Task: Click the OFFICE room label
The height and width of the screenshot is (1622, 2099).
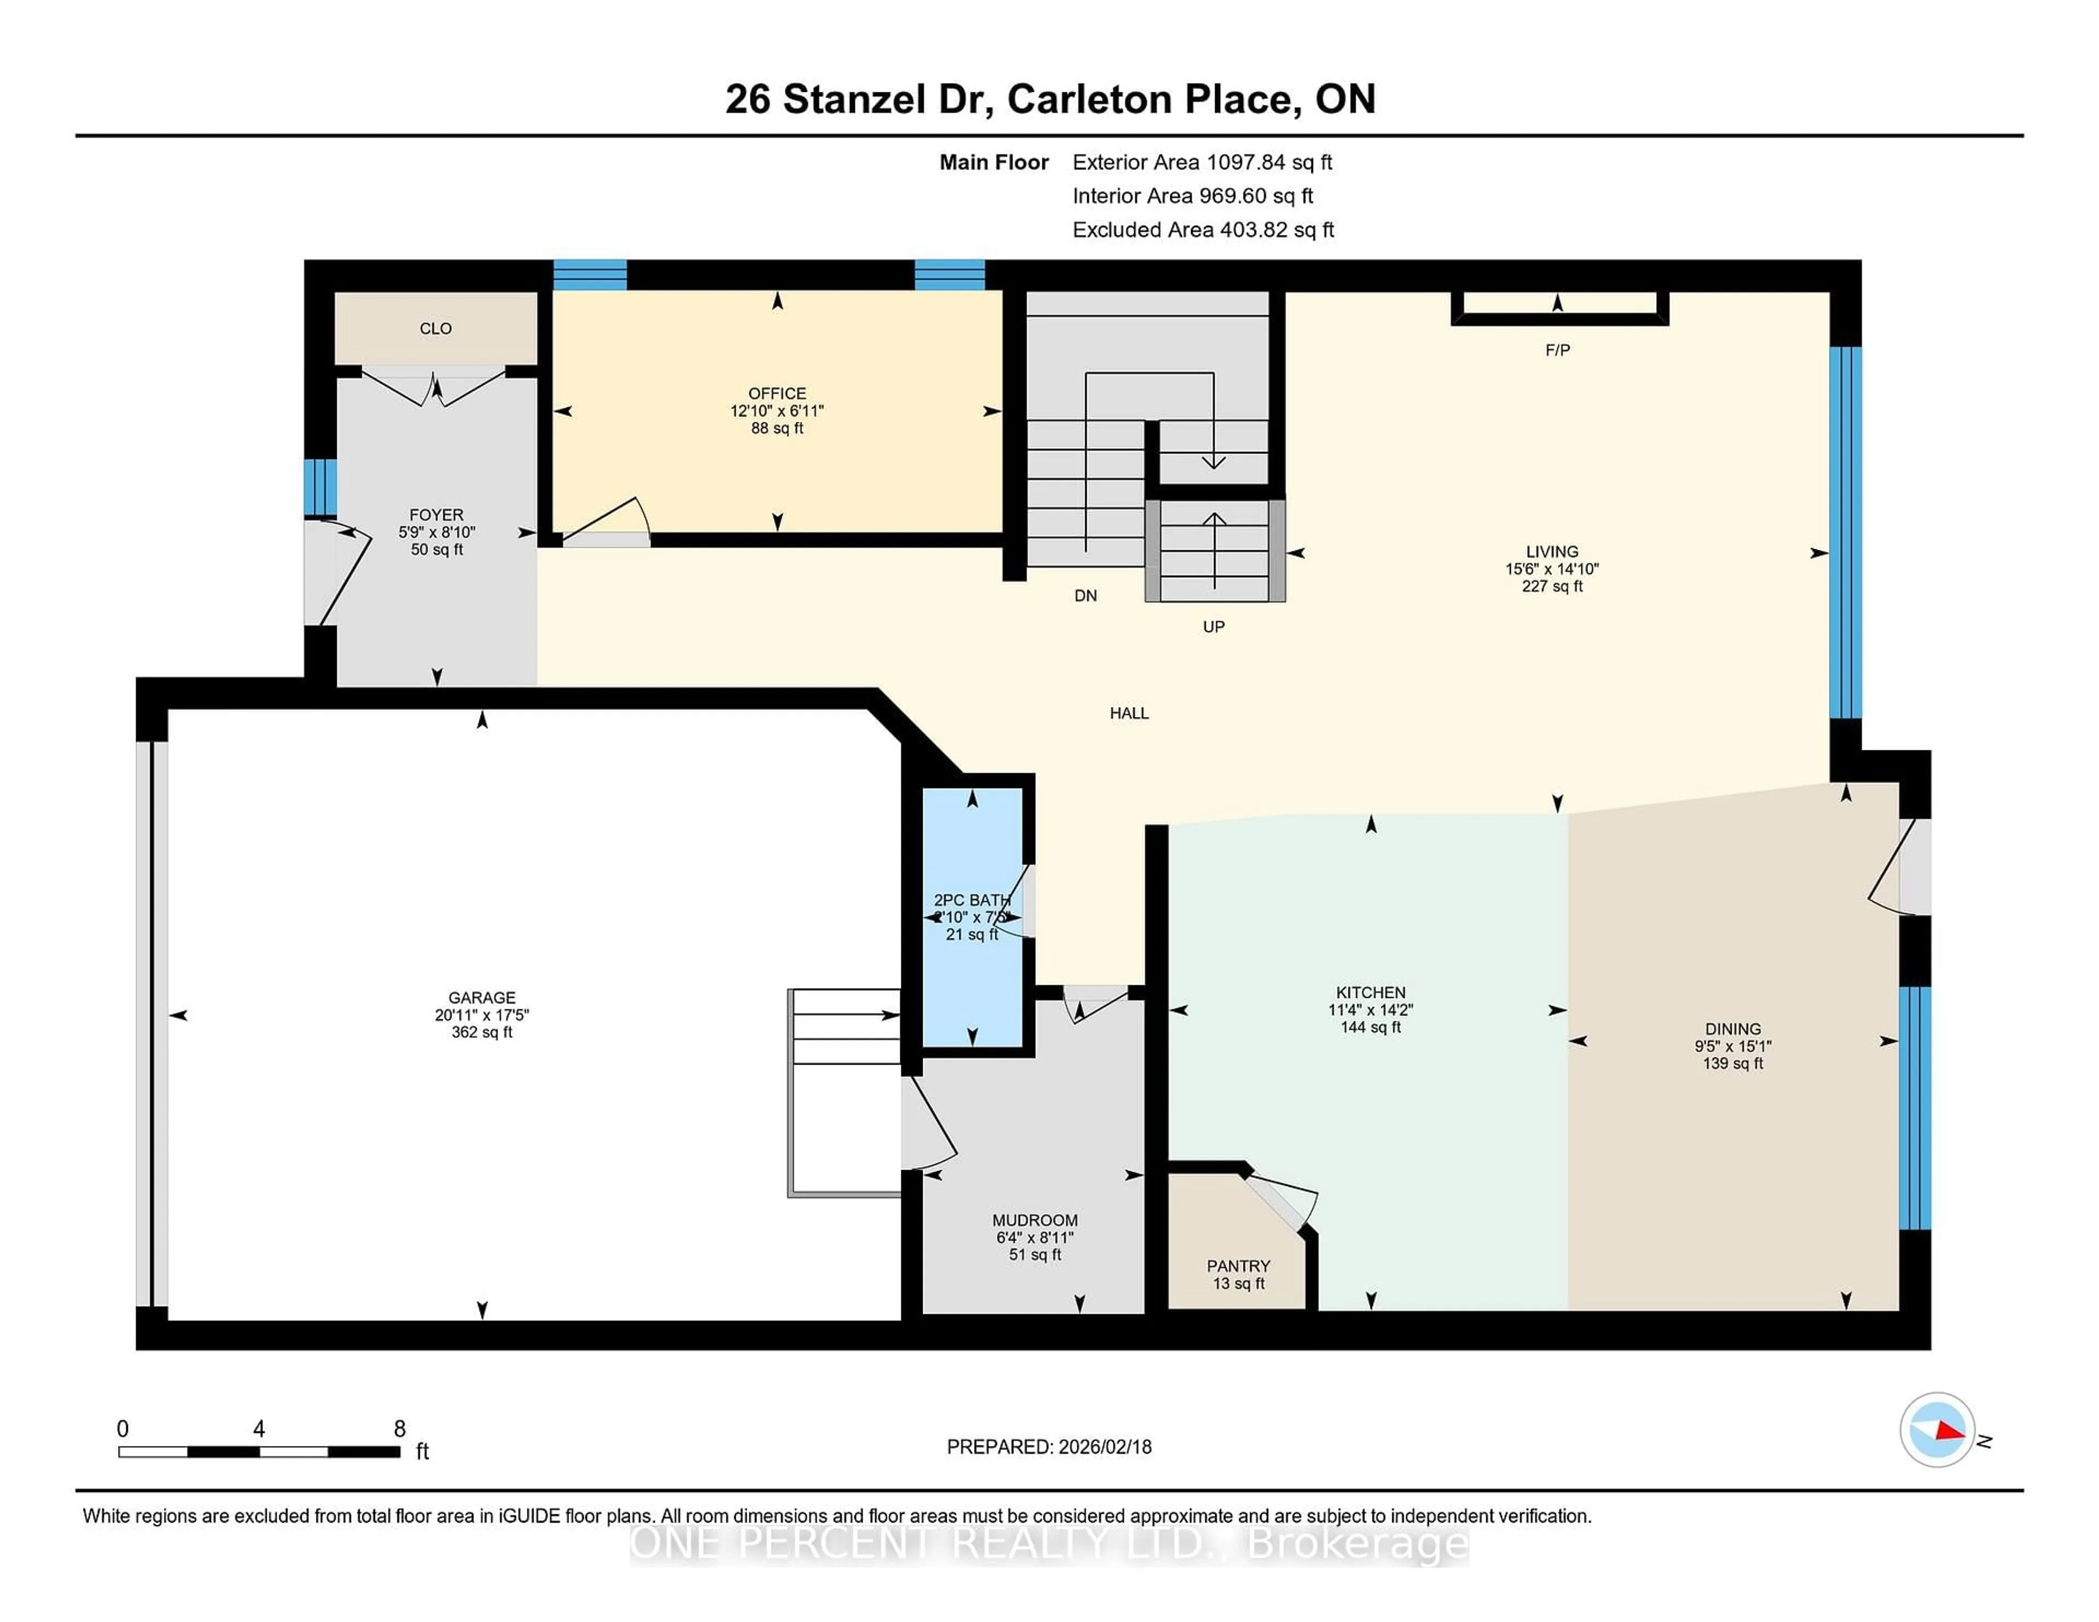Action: (777, 393)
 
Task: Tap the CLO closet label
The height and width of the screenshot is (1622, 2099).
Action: (435, 328)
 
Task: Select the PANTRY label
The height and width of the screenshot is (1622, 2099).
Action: (1238, 1266)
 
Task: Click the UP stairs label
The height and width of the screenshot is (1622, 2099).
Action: (1213, 626)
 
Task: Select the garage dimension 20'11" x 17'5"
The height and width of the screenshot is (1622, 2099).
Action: (482, 1015)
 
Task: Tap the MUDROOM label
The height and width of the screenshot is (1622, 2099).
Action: (1034, 1219)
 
